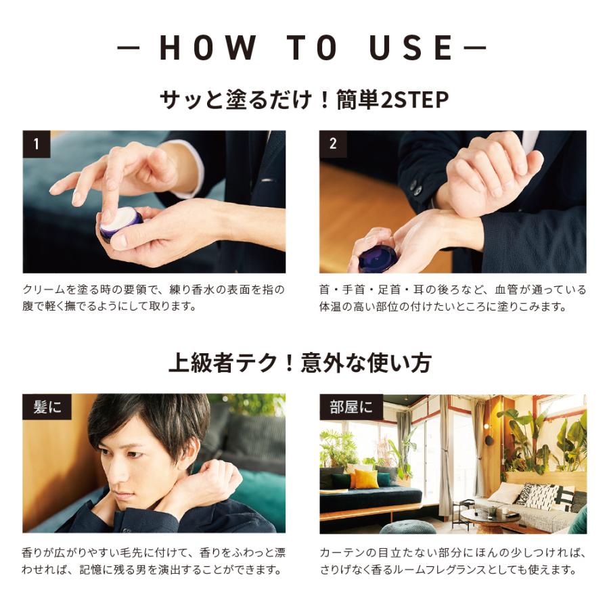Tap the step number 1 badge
[37, 144]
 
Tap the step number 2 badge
[333, 144]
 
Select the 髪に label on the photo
[47, 407]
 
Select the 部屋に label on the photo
[351, 407]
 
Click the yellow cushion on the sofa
[367, 479]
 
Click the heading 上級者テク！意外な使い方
[299, 363]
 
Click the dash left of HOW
[128, 47]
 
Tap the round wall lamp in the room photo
[489, 441]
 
